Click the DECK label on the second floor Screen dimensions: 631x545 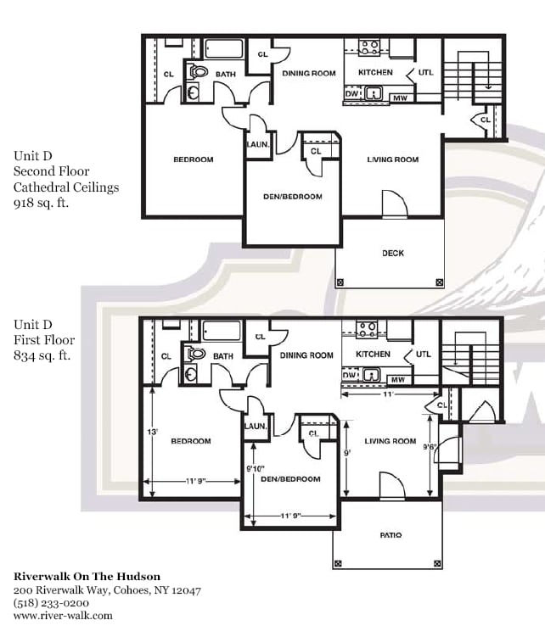pyautogui.click(x=392, y=254)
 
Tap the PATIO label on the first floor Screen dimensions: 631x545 pyautogui.click(x=390, y=535)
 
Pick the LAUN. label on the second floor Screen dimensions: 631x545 pyautogui.click(x=257, y=144)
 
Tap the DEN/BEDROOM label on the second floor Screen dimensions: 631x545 pyautogui.click(x=292, y=197)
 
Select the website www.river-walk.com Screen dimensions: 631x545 pyautogui.click(x=62, y=617)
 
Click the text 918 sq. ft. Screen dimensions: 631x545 pyautogui.click(x=42, y=204)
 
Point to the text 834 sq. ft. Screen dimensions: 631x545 pyautogui.click(x=42, y=356)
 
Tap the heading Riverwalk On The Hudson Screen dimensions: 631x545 pyautogui.click(x=87, y=577)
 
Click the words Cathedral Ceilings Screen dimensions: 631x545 pyautogui.click(x=65, y=187)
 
